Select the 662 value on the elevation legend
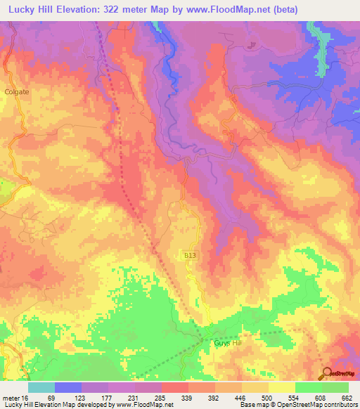347,397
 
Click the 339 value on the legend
186,397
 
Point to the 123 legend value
79,397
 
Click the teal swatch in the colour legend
41,387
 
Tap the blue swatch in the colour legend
68,387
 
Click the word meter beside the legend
10,397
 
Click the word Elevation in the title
69,10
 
